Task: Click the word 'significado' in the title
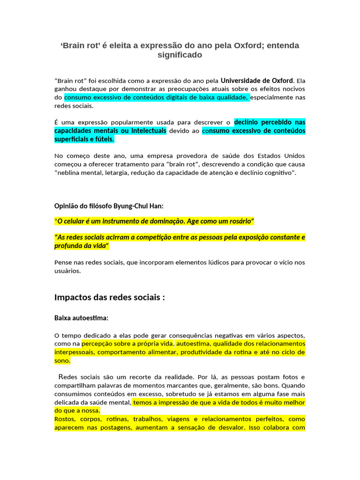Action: click(x=180, y=55)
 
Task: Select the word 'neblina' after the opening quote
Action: click(x=71, y=172)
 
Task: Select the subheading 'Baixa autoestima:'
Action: click(x=82, y=318)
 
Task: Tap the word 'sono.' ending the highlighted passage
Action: click(x=62, y=360)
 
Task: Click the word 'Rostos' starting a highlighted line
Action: click(x=65, y=419)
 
